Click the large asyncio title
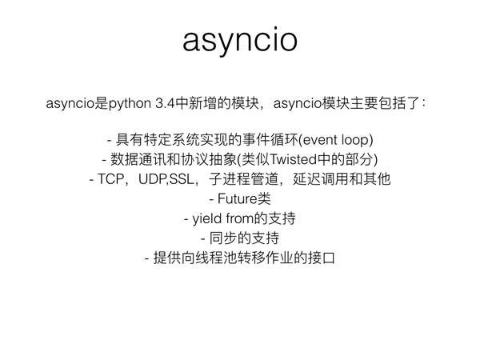pos(240,41)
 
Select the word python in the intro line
pos(130,104)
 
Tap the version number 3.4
pos(165,103)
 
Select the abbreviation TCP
pos(110,179)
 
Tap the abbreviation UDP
pos(152,179)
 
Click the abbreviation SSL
pos(182,179)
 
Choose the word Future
pos(238,199)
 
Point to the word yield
pos(207,219)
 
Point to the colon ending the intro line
pos(423,104)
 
